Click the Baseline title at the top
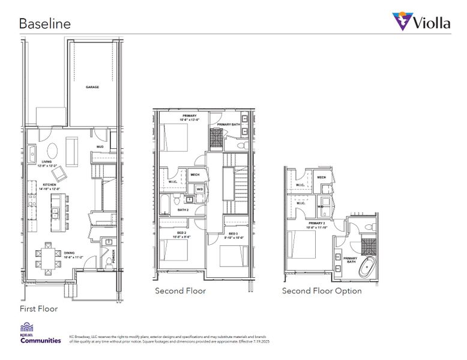coord(45,24)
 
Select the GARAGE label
coord(92,87)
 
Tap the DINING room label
coord(70,253)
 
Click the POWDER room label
coord(113,256)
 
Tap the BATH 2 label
coord(183,210)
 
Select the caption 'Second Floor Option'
coord(322,291)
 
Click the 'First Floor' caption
coord(38,309)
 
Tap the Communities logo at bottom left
coord(40,334)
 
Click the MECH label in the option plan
coord(322,178)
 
